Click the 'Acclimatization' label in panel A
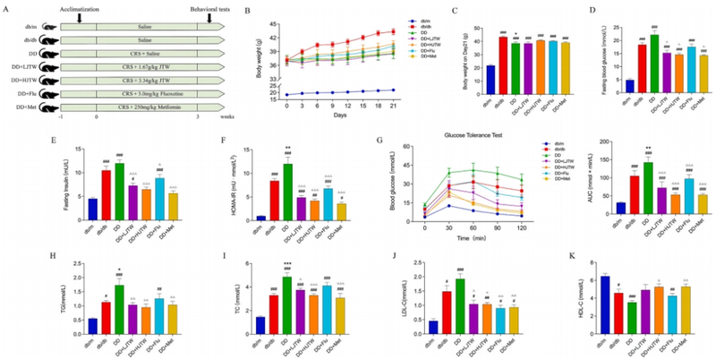tap(81, 6)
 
